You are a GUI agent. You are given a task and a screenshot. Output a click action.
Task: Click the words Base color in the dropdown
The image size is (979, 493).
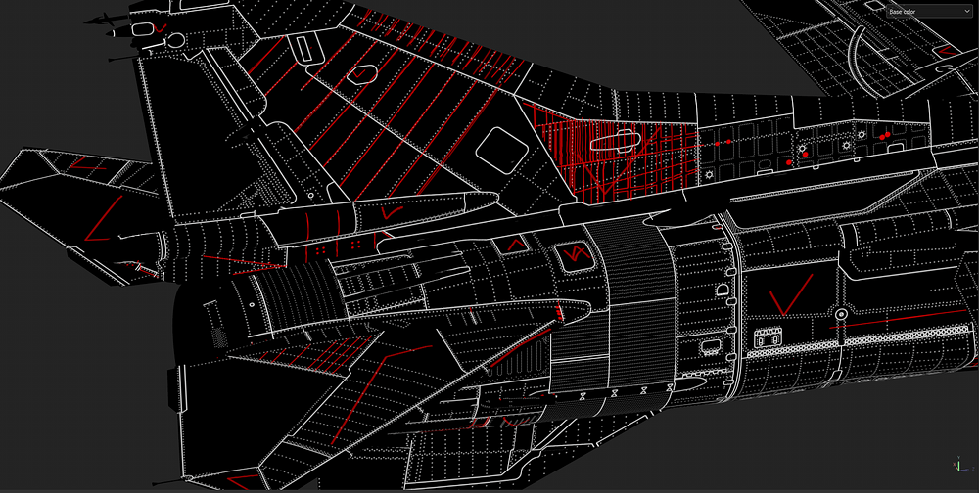pos(903,12)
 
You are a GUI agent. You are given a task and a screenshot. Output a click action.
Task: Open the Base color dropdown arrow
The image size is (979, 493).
pos(967,12)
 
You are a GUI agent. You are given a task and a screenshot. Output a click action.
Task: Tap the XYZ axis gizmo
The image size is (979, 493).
pos(959,466)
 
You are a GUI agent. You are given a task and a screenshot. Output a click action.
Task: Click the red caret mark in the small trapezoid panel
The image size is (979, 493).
pos(516,244)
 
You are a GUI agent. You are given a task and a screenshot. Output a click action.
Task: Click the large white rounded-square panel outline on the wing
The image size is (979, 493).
pos(502,151)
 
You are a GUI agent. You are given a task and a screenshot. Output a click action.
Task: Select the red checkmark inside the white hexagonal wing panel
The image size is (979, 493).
pos(359,74)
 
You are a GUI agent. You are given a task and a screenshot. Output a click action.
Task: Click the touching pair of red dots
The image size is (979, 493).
pos(884,135)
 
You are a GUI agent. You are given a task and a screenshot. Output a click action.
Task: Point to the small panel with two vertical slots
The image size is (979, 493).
pos(768,338)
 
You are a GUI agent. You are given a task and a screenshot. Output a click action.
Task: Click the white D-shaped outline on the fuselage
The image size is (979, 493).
pos(722,291)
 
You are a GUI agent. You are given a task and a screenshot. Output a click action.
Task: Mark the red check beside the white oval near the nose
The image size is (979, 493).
pos(161,28)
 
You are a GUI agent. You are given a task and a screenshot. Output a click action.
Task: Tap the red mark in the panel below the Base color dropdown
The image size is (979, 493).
pos(948,50)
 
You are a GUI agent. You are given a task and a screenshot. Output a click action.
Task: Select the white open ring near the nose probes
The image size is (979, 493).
pos(175,40)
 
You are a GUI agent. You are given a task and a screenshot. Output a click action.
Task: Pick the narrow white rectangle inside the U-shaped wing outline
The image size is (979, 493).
pos(303,49)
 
